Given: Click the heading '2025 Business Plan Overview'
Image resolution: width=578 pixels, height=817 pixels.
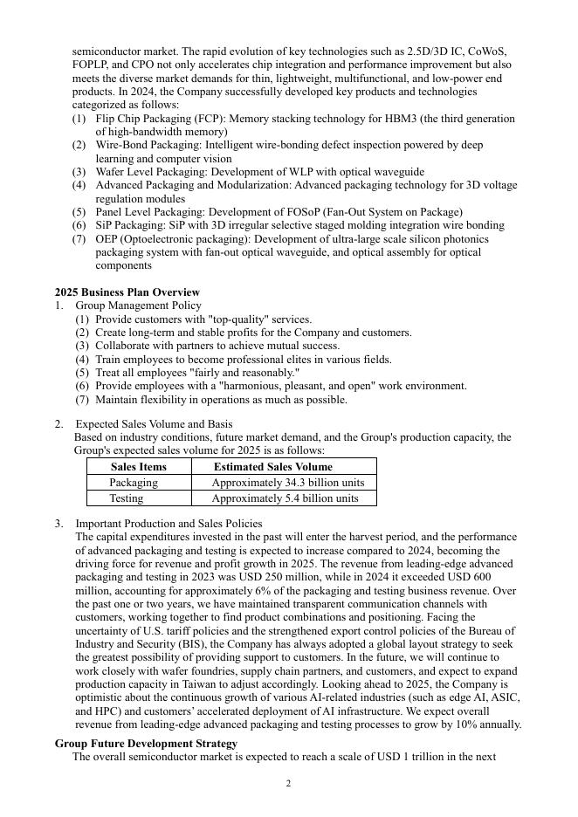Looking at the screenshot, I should (x=127, y=292).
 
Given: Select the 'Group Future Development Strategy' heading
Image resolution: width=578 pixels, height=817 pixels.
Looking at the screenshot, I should (x=146, y=744).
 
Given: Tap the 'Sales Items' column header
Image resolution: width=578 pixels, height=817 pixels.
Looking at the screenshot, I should (x=139, y=467).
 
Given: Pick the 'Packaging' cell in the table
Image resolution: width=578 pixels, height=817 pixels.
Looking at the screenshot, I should (x=134, y=483).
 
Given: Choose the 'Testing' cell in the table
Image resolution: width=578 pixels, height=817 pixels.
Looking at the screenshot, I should (x=127, y=498).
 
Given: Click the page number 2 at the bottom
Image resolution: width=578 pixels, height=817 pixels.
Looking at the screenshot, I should (x=288, y=784).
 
